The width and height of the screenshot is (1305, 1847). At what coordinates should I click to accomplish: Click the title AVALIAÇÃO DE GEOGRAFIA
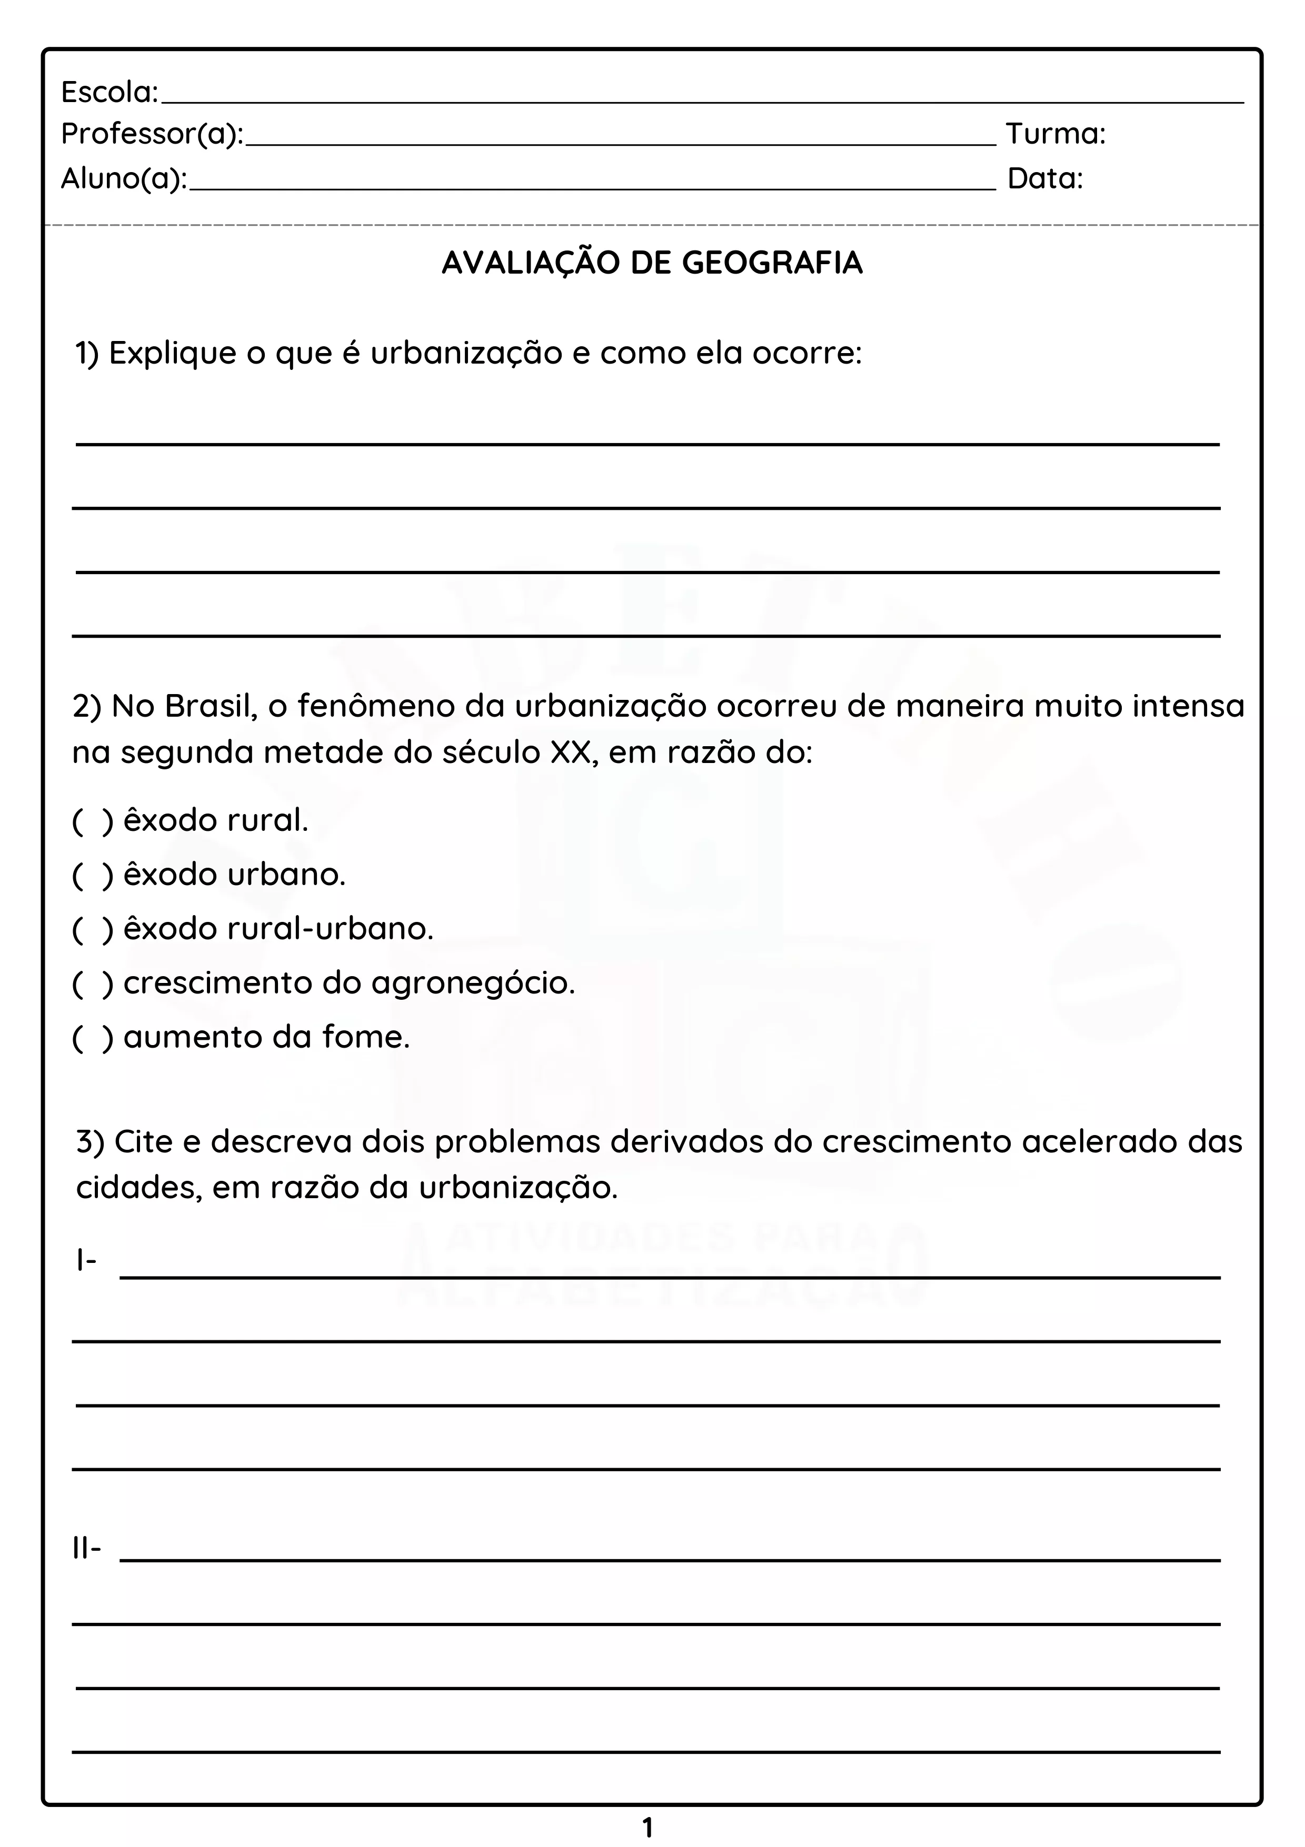pyautogui.click(x=652, y=263)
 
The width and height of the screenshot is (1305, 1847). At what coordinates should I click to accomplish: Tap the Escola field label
pyautogui.click(x=109, y=93)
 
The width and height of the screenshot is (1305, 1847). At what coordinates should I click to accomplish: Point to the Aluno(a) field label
pyautogui.click(x=124, y=178)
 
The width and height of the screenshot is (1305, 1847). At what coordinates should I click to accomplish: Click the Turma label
pyautogui.click(x=1055, y=134)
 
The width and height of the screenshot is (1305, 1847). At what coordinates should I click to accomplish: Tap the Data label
pyautogui.click(x=1045, y=178)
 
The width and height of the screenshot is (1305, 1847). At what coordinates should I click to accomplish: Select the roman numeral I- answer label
pyautogui.click(x=86, y=1260)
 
